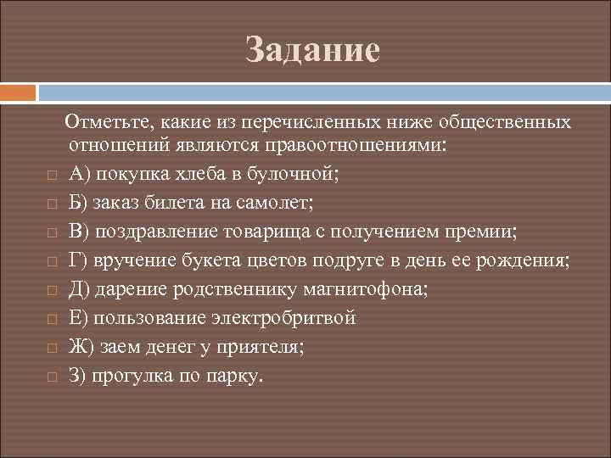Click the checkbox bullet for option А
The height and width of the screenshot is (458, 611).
[51, 176]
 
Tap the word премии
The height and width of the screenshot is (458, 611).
[484, 232]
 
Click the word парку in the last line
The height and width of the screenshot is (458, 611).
[240, 376]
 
